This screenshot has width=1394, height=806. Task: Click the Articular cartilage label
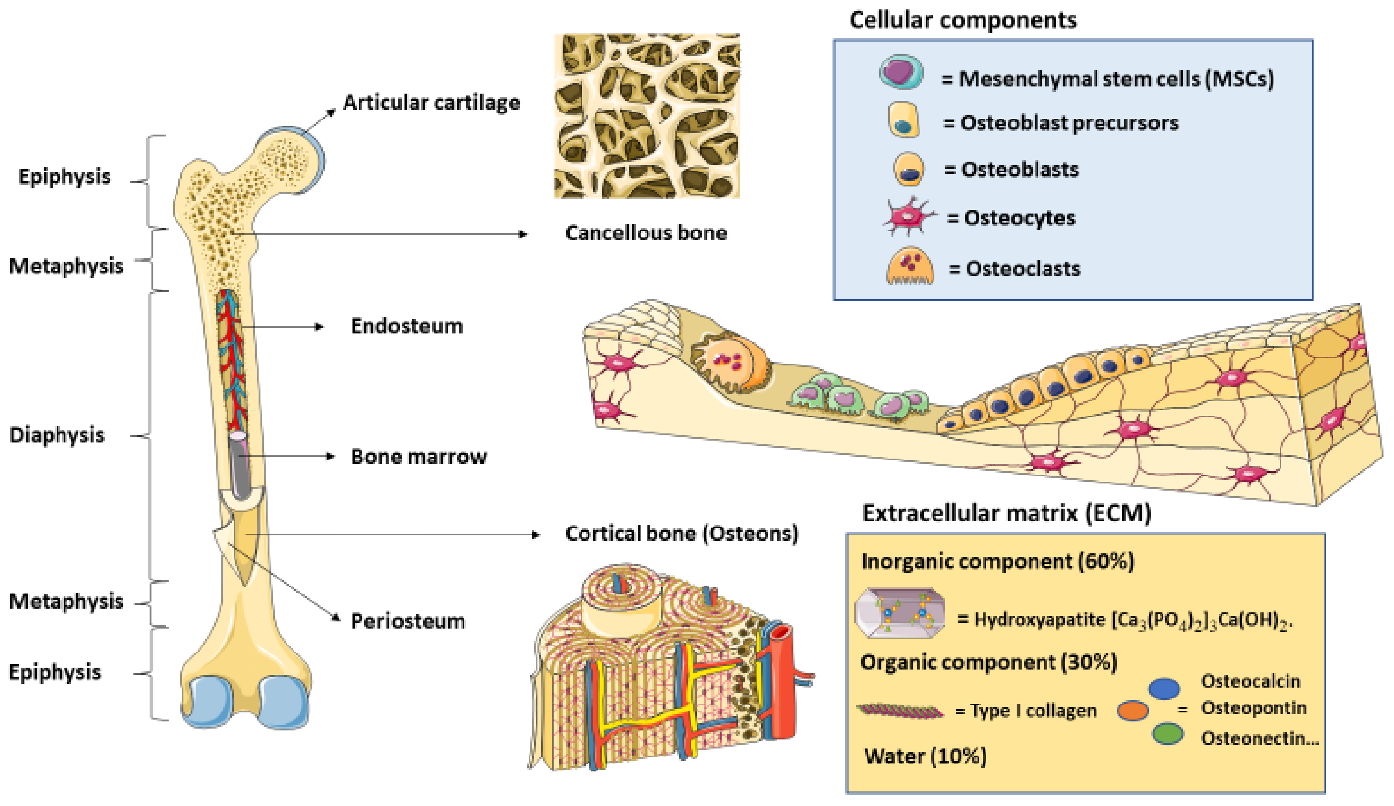(x=431, y=103)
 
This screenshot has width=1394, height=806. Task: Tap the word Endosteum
(x=407, y=326)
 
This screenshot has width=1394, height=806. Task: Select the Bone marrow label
(x=419, y=457)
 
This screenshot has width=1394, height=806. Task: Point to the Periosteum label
(x=408, y=621)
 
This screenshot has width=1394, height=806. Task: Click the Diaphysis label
(x=56, y=435)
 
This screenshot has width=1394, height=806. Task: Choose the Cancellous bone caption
(x=646, y=233)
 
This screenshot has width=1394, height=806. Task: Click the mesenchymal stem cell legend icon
(x=901, y=72)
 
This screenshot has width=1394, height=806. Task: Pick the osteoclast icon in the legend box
(x=910, y=267)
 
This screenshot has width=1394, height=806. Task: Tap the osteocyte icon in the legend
(x=908, y=216)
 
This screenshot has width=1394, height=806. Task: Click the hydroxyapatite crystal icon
(x=899, y=613)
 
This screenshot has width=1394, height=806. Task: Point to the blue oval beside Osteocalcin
(x=1164, y=688)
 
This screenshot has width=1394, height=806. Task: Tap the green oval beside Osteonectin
(x=1167, y=734)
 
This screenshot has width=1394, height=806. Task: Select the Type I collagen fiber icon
(x=900, y=711)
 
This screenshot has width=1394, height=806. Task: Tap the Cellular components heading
(x=963, y=20)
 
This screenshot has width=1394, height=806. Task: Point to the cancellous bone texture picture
(x=646, y=116)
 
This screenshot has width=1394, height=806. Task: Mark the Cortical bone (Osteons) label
(x=681, y=534)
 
